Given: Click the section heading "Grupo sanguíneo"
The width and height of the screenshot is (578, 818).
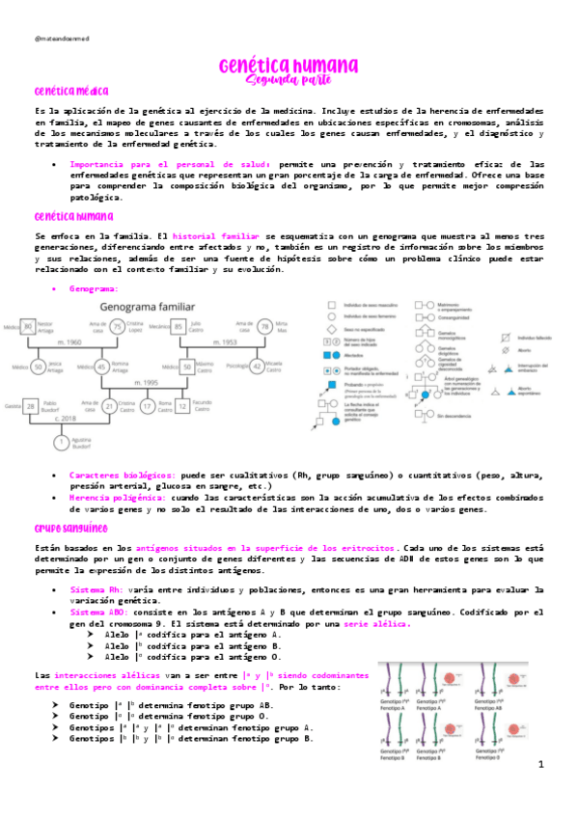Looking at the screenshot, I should point(69,529).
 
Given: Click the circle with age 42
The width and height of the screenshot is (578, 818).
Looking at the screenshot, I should point(257,367).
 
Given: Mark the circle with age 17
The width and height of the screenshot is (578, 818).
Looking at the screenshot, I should point(147,407).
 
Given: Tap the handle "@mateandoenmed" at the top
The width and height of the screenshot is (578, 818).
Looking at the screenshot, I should point(60,40).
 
